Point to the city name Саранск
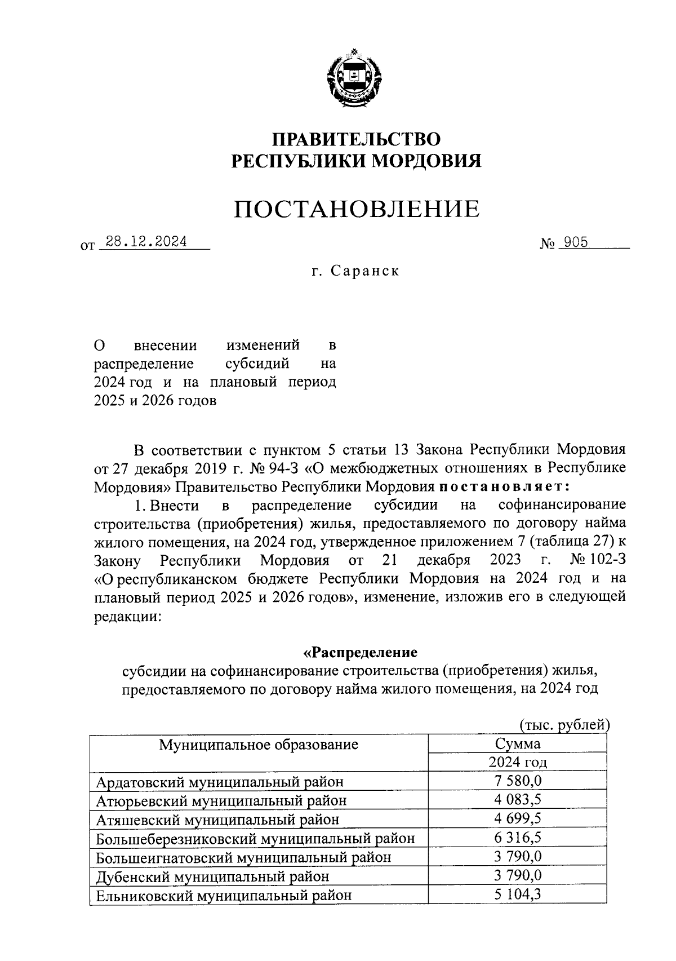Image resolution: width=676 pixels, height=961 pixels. pos(365,271)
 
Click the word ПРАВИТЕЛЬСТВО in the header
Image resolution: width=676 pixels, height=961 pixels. pos(357,139)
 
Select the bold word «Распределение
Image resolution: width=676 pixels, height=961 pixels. pos(361,653)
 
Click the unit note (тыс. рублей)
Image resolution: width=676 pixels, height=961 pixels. pos(563,725)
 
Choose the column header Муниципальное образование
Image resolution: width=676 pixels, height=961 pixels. pos(259,745)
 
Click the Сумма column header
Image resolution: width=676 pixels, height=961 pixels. pos(517,743)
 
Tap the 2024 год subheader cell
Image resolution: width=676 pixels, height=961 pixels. pos(517,763)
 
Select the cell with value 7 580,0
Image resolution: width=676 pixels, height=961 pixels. pos(517,781)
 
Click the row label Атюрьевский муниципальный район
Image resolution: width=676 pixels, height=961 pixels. pos(221,800)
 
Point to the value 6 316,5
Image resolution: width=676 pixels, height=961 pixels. pos(517,838)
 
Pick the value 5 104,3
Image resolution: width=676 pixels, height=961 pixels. pos(517,894)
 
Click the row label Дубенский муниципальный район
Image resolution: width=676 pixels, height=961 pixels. pos(212,876)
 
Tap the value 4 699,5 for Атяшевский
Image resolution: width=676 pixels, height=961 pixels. pos(517,818)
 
